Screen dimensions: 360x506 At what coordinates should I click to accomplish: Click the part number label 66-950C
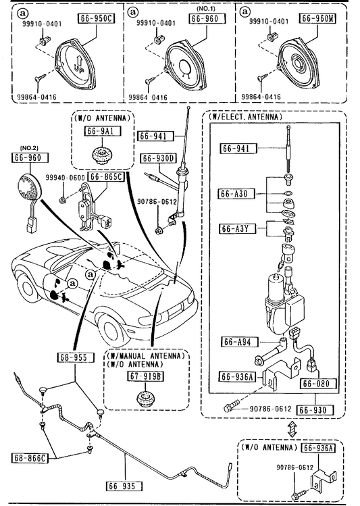(x=97, y=18)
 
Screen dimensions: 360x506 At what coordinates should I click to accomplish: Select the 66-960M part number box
(x=317, y=18)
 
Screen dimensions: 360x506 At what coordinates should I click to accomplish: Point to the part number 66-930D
(x=159, y=158)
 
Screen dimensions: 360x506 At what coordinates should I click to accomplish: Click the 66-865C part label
(x=106, y=177)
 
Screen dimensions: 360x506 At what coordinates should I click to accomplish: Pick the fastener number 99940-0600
(x=65, y=178)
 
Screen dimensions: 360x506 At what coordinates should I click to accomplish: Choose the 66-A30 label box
(x=236, y=194)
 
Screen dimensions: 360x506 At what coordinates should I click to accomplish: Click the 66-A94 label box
(x=239, y=342)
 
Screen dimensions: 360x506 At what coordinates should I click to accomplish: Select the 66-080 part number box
(x=317, y=384)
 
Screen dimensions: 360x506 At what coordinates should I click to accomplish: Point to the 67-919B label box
(x=145, y=376)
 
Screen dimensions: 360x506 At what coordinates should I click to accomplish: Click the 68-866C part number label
(x=29, y=457)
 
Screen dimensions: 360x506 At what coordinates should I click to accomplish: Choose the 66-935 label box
(x=124, y=486)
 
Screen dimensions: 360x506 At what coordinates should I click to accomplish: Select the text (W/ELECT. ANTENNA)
(x=246, y=117)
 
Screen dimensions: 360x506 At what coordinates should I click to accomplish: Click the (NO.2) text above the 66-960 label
(x=29, y=148)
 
